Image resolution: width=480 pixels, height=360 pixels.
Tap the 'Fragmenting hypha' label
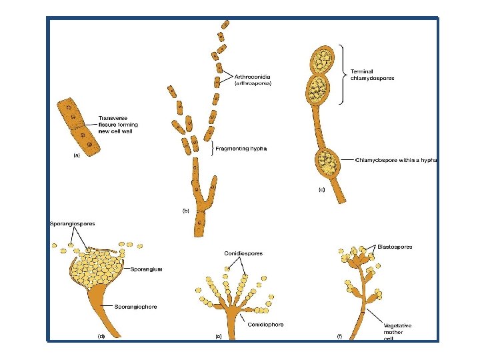point(241,149)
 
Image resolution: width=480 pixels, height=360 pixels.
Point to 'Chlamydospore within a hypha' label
point(396,160)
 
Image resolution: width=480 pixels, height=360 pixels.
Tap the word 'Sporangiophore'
point(135,307)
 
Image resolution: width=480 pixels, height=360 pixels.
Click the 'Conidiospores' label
point(243,253)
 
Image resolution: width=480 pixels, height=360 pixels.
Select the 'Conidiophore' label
point(265,325)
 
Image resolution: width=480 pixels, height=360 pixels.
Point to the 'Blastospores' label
point(395,247)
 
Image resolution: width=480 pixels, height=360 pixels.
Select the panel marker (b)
point(187,211)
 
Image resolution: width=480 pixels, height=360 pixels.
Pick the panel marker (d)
point(101,337)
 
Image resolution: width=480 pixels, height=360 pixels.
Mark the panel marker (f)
point(339,337)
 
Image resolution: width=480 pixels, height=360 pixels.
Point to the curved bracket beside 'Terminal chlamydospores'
point(343,74)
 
